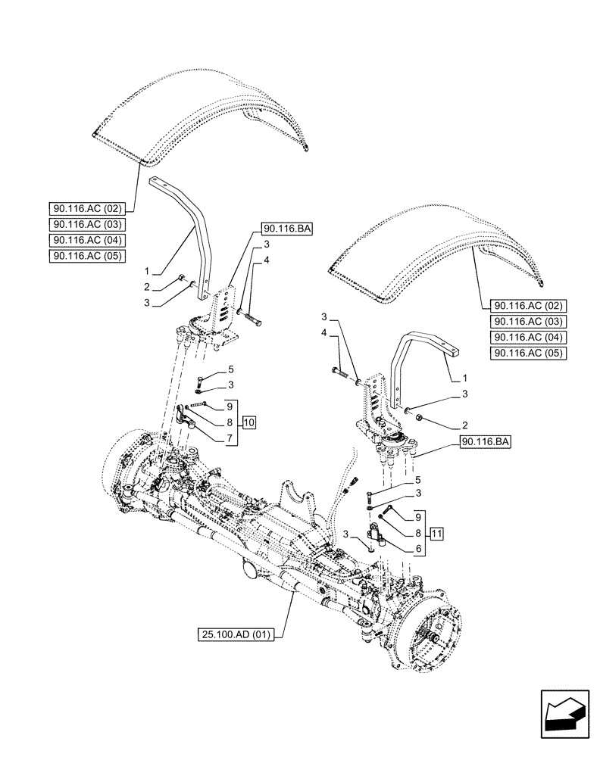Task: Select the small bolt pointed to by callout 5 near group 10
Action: tap(200, 381)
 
